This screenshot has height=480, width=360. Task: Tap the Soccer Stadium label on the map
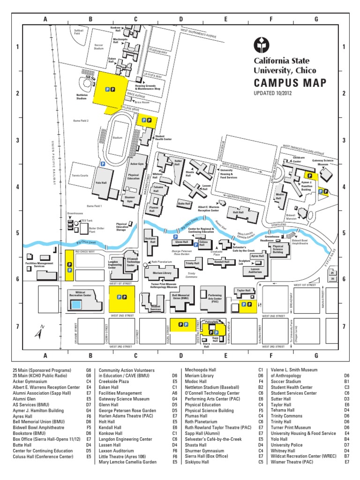coord(99,46)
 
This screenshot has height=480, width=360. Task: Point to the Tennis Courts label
coord(81,176)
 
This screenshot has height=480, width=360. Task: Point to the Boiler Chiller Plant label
coord(96,230)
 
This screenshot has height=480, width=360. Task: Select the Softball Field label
coord(78,31)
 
